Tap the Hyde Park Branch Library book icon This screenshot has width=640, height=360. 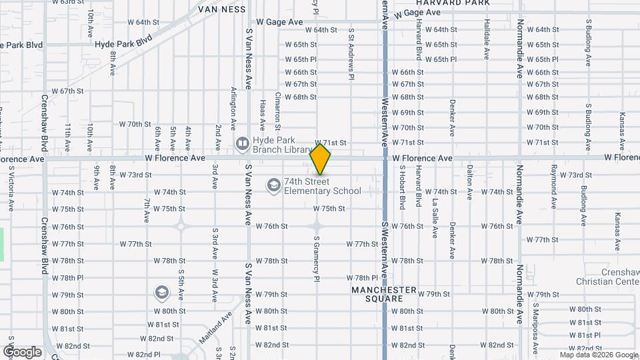point(242,143)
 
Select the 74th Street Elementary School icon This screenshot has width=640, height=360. point(273,185)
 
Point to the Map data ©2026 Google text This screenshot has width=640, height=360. point(598,354)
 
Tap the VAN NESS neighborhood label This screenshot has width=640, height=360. point(222,9)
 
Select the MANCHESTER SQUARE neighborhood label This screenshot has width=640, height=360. point(384,295)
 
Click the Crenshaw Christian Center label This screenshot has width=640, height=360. point(608,277)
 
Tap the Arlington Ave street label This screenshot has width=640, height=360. point(233,107)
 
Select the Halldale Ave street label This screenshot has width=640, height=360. point(485,47)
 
